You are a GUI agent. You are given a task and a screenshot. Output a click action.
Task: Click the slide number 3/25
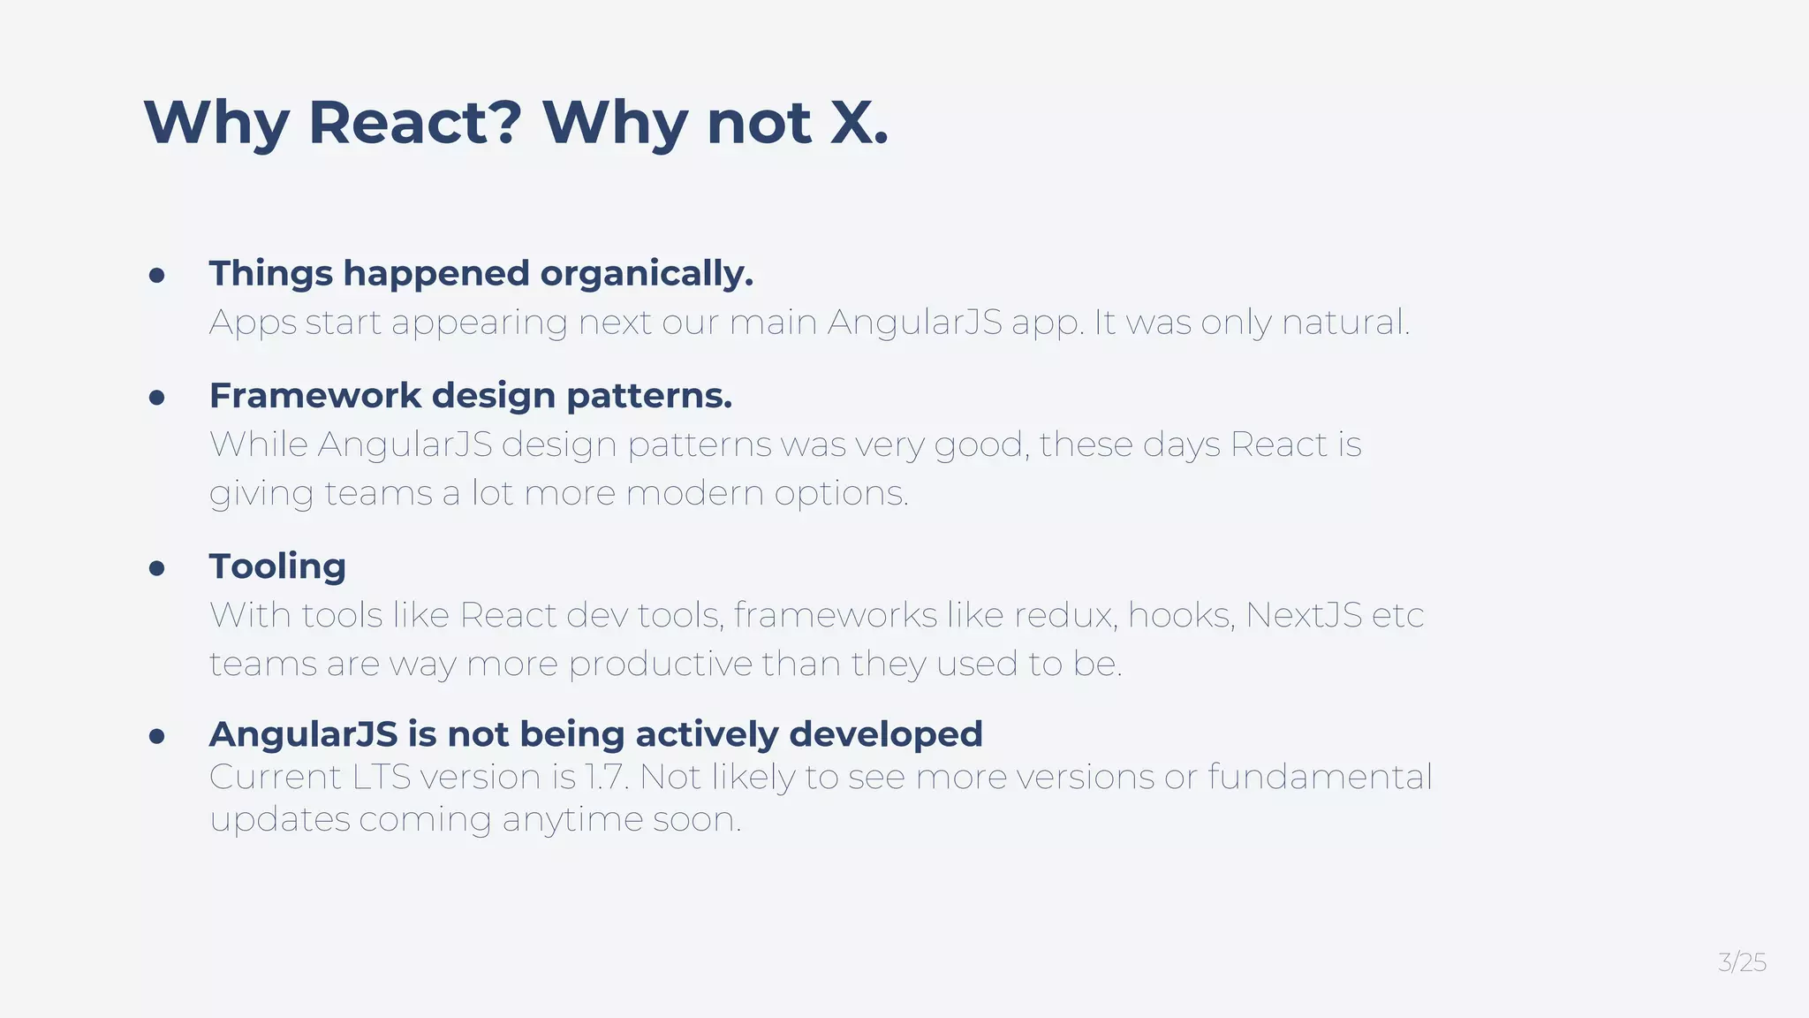[x=1742, y=962]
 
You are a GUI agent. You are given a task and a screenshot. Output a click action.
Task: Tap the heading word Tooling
[x=277, y=566]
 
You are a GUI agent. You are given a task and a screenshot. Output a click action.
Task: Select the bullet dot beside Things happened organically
[x=157, y=276]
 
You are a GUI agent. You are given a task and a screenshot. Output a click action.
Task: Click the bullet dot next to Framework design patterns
[x=157, y=398]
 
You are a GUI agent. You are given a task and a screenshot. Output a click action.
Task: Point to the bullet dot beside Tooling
[x=157, y=568]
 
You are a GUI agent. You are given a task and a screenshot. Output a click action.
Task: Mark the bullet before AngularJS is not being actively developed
[x=157, y=736]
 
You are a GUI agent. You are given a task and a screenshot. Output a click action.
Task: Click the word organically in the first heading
[x=647, y=275]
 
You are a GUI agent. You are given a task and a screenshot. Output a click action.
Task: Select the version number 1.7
[x=605, y=777]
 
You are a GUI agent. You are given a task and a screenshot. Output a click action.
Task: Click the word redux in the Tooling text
[x=1064, y=615]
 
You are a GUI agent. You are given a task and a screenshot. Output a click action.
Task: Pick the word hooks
[x=1180, y=615]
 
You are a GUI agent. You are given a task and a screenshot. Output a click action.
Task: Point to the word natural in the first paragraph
[x=1344, y=323]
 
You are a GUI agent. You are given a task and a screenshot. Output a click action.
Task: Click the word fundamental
[x=1319, y=777]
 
